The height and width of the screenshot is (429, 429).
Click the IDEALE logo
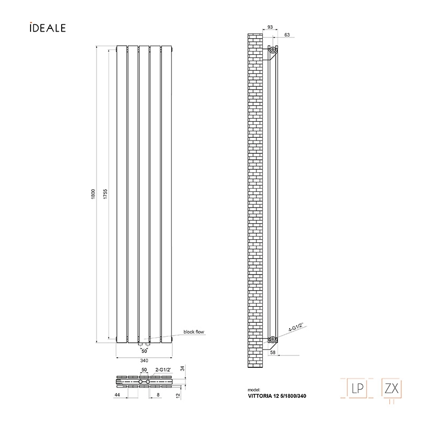pos(48,28)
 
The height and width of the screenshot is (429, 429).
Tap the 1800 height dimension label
pos(93,194)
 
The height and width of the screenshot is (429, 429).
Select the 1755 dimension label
pos(106,194)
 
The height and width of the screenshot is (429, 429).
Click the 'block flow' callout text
pos(194,332)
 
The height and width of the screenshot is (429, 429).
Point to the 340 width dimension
pos(144,360)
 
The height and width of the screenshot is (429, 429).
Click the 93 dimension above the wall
pos(270,27)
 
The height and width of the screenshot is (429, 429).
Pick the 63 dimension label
pos(287,35)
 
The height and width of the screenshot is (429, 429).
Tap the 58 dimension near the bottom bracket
pos(273,352)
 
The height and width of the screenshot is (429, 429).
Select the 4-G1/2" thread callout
pos(297,327)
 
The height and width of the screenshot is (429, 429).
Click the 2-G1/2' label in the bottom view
pos(163,370)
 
